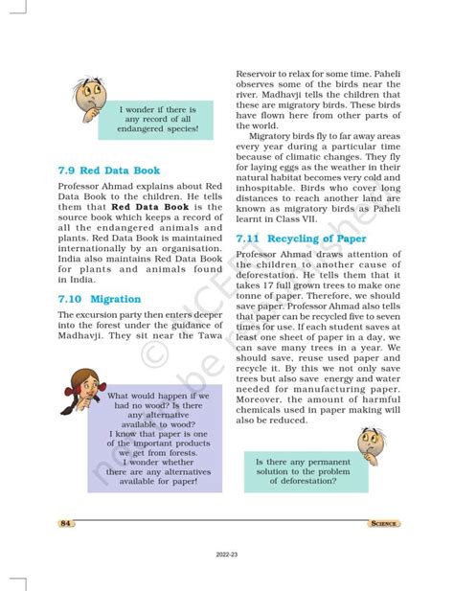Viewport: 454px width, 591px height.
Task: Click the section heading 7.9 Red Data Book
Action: [107, 171]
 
